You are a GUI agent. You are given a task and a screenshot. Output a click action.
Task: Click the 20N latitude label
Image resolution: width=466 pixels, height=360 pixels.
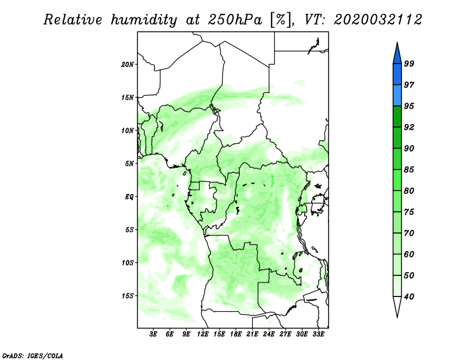coord(128,64)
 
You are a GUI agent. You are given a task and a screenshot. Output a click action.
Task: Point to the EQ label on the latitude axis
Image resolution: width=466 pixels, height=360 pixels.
coord(129,197)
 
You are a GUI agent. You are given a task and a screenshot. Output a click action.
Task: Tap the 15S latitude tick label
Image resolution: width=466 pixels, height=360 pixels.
coord(128,296)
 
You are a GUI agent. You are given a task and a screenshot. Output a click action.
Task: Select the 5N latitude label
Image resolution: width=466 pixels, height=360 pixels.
coord(129,164)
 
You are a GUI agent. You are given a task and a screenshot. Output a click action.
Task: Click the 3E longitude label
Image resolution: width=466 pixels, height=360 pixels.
coord(153,334)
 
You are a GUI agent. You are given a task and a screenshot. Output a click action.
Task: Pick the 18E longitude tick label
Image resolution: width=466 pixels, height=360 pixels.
coord(236,334)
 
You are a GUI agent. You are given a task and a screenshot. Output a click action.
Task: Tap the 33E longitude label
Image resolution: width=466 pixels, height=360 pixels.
coord(318,334)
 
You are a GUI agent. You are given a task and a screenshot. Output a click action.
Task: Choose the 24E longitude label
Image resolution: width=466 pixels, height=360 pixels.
coord(269,334)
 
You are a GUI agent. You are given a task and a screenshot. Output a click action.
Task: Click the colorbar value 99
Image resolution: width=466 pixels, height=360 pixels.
coord(409,63)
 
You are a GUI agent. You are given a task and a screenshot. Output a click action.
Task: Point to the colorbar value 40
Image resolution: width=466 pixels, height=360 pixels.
coord(409,297)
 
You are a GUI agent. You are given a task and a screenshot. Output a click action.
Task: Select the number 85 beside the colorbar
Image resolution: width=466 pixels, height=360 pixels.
coord(409,170)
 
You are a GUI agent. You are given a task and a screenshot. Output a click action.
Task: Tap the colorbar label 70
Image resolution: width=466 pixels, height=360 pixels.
coord(409,233)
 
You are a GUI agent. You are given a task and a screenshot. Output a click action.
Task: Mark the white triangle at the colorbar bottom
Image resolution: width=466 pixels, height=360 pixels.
coord(397,305)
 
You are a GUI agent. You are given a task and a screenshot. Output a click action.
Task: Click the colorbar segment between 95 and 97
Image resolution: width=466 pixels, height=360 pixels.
coord(397,96)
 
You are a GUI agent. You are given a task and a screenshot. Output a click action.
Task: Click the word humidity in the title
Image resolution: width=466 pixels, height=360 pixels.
coord(144,20)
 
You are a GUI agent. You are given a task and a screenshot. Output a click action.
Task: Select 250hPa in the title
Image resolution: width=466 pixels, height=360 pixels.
coord(235,20)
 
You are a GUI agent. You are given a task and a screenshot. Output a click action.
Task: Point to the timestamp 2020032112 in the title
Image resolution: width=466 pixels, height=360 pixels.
coord(377,20)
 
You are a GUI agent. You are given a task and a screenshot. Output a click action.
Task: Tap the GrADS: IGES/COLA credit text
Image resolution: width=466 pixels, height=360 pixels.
coord(33,355)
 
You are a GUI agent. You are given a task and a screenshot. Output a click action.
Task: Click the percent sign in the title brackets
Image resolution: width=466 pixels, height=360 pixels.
coord(280,20)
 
